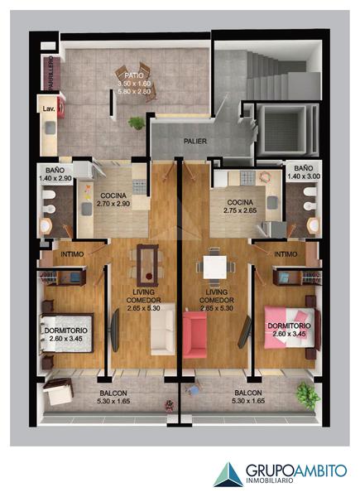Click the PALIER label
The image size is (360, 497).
[195, 142]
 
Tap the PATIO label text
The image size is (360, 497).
[133, 75]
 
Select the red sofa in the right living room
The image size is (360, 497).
[194, 335]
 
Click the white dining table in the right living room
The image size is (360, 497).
[215, 267]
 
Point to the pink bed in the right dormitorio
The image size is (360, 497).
[290, 327]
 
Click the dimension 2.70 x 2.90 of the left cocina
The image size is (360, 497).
[113, 204]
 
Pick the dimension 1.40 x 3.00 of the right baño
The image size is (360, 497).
[304, 176]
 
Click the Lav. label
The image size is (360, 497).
[49, 109]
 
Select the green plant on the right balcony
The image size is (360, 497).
[307, 395]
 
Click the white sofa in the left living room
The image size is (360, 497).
[162, 329]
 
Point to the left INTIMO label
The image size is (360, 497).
[72, 254]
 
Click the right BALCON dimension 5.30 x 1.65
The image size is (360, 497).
[248, 401]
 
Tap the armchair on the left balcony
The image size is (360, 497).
[59, 392]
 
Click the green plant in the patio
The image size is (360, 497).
[137, 123]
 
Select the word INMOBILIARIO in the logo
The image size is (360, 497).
[270, 480]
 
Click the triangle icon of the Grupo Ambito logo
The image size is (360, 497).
[228, 475]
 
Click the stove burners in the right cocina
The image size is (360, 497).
[247, 177]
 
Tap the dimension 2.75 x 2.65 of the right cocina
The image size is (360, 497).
[240, 210]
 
